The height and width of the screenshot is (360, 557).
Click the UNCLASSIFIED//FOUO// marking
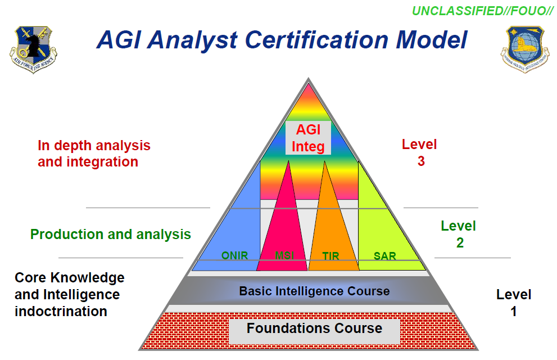[x=483, y=11]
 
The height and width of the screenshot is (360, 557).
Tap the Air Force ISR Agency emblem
[x=34, y=49]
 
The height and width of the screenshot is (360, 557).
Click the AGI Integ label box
[x=308, y=138]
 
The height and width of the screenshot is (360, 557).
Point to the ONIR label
[x=234, y=256]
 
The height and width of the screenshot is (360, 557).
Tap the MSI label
[x=284, y=256]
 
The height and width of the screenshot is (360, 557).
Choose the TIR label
[x=330, y=256]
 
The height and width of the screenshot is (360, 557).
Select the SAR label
[x=384, y=256]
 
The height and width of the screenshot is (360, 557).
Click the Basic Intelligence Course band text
[x=314, y=291]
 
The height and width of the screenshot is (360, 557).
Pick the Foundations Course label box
[x=314, y=329]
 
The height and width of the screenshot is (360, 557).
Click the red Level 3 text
[x=419, y=152]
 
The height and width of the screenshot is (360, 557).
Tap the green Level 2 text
[x=458, y=235]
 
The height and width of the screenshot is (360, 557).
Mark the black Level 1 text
[x=513, y=303]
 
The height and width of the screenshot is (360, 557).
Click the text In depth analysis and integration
[x=94, y=154]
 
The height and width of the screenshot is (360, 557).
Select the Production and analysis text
[x=111, y=234]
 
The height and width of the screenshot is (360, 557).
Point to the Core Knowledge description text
[x=69, y=294]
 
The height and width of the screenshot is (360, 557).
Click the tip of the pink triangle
[x=289, y=162]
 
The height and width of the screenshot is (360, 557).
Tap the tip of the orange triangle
[x=324, y=162]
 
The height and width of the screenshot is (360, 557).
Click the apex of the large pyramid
[x=307, y=79]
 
